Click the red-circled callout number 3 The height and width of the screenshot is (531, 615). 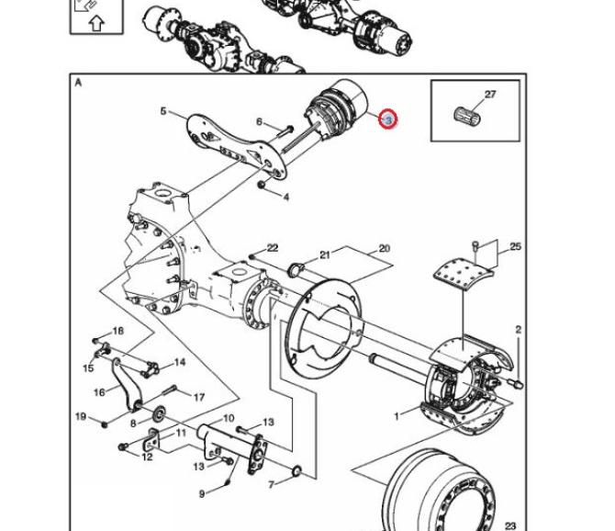(x=388, y=119)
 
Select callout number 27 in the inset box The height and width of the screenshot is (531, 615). (x=489, y=94)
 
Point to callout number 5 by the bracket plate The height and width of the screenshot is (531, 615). (x=163, y=112)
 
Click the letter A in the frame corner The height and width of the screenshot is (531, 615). (x=79, y=83)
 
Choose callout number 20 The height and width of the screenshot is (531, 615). (x=384, y=248)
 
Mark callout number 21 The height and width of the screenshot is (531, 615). (x=324, y=254)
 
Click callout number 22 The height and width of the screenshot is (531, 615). (x=272, y=248)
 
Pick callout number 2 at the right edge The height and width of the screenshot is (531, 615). (x=518, y=329)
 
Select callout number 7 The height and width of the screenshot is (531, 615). (x=272, y=484)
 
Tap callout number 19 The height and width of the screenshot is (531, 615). (x=81, y=417)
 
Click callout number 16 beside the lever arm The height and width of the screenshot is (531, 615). (x=98, y=391)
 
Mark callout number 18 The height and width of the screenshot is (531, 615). (x=117, y=331)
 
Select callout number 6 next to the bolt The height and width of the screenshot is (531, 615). (x=260, y=121)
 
